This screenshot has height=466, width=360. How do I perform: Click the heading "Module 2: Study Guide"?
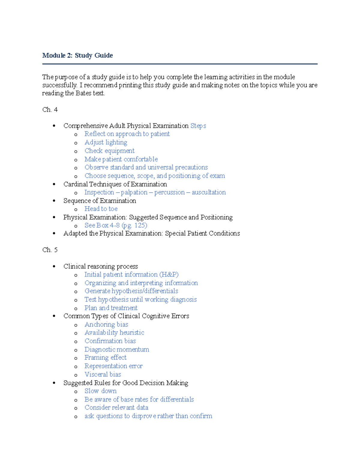coord(77,56)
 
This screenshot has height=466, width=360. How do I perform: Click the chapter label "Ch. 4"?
coord(50,110)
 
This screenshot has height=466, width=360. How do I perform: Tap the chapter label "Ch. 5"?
coord(50,250)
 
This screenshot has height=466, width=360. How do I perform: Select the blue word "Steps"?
coord(198,126)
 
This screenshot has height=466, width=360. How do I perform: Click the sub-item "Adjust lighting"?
coord(106,142)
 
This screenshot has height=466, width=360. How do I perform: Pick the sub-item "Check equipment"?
coord(109,151)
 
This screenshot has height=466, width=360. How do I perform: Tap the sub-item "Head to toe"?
coord(101,209)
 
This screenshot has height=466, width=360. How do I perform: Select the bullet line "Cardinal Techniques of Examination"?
coord(115,184)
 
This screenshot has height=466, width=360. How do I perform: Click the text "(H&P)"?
coord(169,275)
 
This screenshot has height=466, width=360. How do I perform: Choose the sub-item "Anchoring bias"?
coord(106,324)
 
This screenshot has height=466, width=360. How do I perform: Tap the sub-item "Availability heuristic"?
coord(114,332)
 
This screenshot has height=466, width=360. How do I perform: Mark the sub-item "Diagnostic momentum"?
coord(117,349)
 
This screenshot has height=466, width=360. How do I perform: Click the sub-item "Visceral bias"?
coord(103,374)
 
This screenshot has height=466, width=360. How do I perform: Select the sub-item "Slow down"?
coord(100,391)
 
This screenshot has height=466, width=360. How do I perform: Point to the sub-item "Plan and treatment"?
coord(111,308)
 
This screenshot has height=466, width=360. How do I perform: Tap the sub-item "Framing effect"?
coord(105,358)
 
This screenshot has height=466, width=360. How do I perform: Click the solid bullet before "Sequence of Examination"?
coord(54,201)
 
